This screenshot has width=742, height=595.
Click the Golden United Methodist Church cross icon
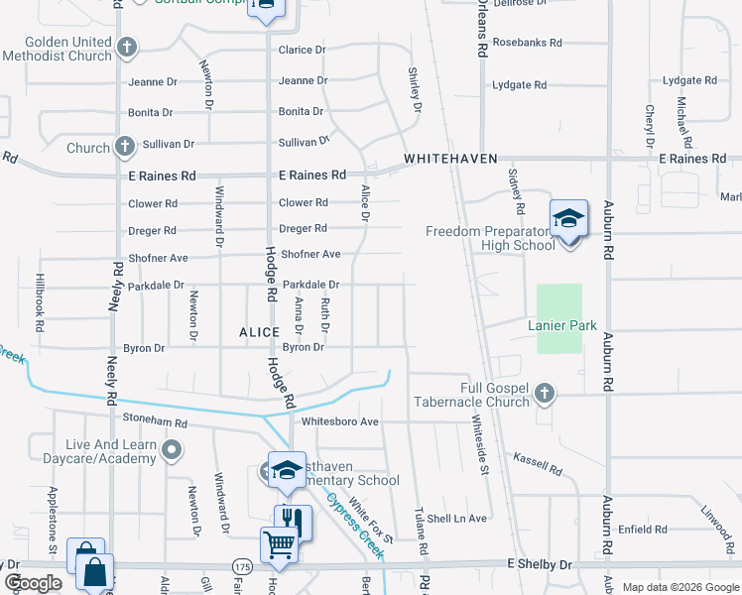point(126,47)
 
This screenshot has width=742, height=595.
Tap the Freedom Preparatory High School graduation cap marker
point(569,219)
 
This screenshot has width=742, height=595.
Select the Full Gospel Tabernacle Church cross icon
point(544,395)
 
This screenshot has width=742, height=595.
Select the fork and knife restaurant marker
point(293,520)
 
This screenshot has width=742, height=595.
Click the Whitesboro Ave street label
point(340,421)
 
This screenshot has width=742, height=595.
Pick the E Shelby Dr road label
point(540,564)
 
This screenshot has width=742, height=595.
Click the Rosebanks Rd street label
point(527,44)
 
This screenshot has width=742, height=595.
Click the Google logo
point(33,583)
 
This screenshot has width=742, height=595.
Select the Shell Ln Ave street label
point(457,519)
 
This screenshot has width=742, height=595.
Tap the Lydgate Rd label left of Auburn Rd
point(519,86)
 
